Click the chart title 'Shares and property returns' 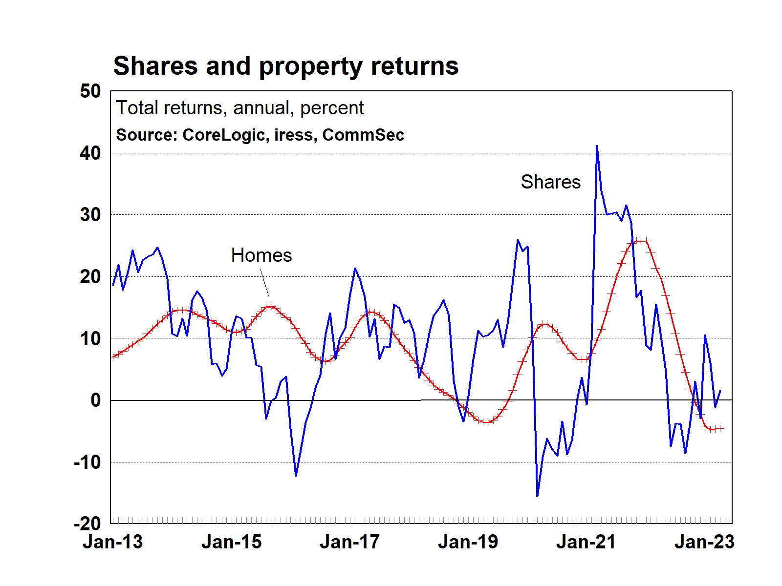[x=286, y=66]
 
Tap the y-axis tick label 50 [x=90, y=91]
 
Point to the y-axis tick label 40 [x=90, y=153]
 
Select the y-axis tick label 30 [x=90, y=215]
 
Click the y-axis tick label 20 [x=90, y=277]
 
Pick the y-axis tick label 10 [x=90, y=338]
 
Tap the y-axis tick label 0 [x=96, y=400]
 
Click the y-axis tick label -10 [x=87, y=462]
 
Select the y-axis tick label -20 [x=87, y=524]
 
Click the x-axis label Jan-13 [x=113, y=542]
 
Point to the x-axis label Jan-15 [x=232, y=542]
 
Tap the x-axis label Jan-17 [x=350, y=542]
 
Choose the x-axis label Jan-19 [x=468, y=542]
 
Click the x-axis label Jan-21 [x=586, y=542]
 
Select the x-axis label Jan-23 [x=704, y=542]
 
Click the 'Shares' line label [x=551, y=182]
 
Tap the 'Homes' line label [x=261, y=255]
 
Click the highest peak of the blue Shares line [x=597, y=146]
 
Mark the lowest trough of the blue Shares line [x=537, y=496]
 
